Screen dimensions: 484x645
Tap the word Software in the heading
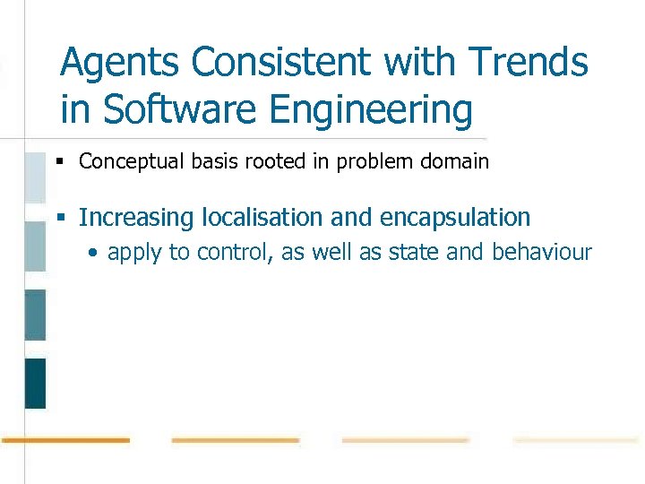[x=182, y=110]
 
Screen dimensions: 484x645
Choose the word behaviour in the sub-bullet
[x=542, y=252]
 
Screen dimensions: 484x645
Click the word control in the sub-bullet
[x=235, y=252]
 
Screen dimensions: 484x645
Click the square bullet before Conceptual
[x=59, y=162]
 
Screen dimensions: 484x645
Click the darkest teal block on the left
[x=35, y=383]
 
